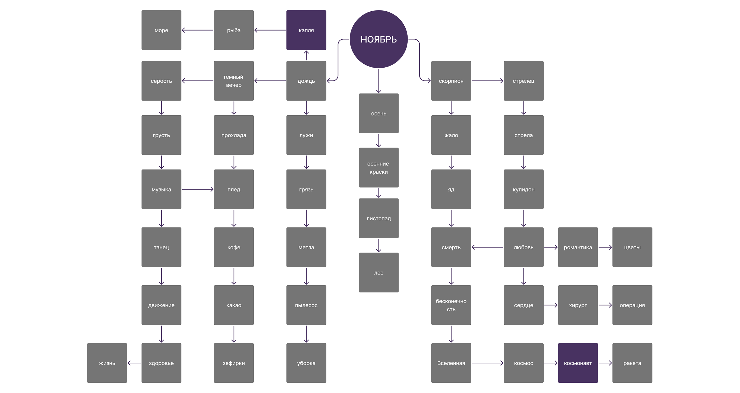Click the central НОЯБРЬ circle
(x=379, y=39)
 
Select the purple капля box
(x=306, y=30)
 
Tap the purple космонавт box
(x=578, y=363)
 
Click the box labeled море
(x=161, y=30)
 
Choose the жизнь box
(x=107, y=363)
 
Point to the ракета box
(x=632, y=363)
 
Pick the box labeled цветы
(x=632, y=247)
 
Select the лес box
(x=379, y=273)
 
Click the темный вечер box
(x=234, y=81)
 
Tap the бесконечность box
(x=451, y=305)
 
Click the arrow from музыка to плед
(x=198, y=189)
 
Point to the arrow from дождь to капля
(x=306, y=55)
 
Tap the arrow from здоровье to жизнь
(x=134, y=363)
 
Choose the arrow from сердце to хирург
(x=551, y=305)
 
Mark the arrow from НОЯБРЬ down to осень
(x=379, y=81)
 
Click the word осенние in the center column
(x=378, y=164)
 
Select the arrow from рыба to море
(x=198, y=30)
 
